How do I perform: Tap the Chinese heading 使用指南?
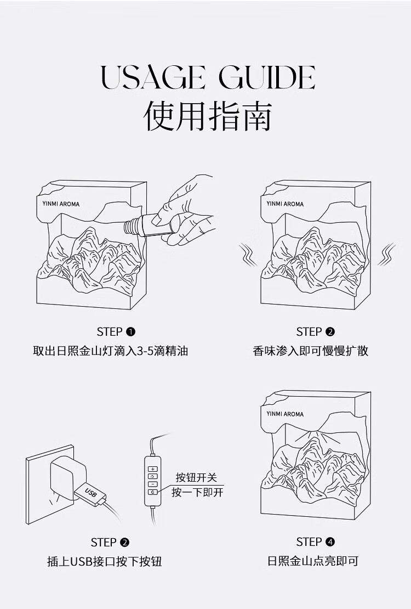click(208, 115)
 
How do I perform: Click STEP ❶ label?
click(116, 331)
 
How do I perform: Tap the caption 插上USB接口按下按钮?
click(104, 561)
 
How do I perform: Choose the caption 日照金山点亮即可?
click(312, 561)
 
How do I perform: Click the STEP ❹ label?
click(315, 542)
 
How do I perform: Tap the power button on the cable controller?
click(153, 492)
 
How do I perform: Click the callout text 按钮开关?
click(197, 477)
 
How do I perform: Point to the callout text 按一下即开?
click(197, 492)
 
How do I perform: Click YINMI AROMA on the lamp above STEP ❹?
click(285, 414)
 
